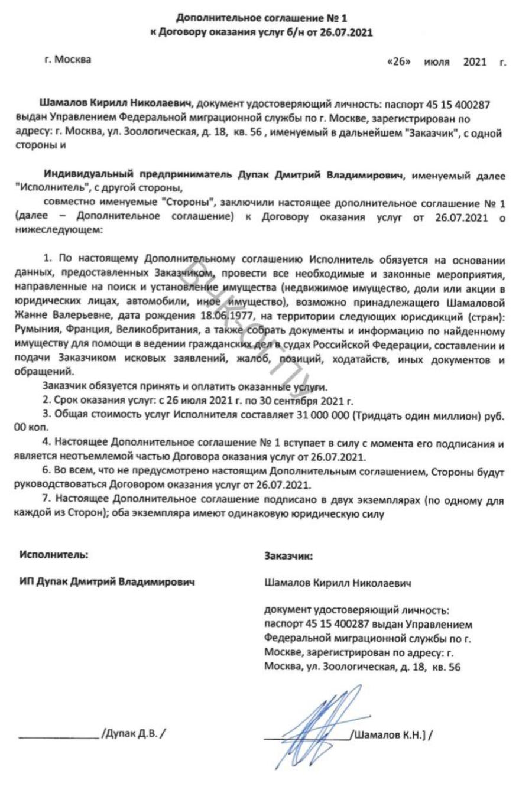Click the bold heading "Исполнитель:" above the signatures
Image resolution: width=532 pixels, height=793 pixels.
54,555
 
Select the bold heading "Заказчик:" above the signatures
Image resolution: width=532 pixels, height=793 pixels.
288,555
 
